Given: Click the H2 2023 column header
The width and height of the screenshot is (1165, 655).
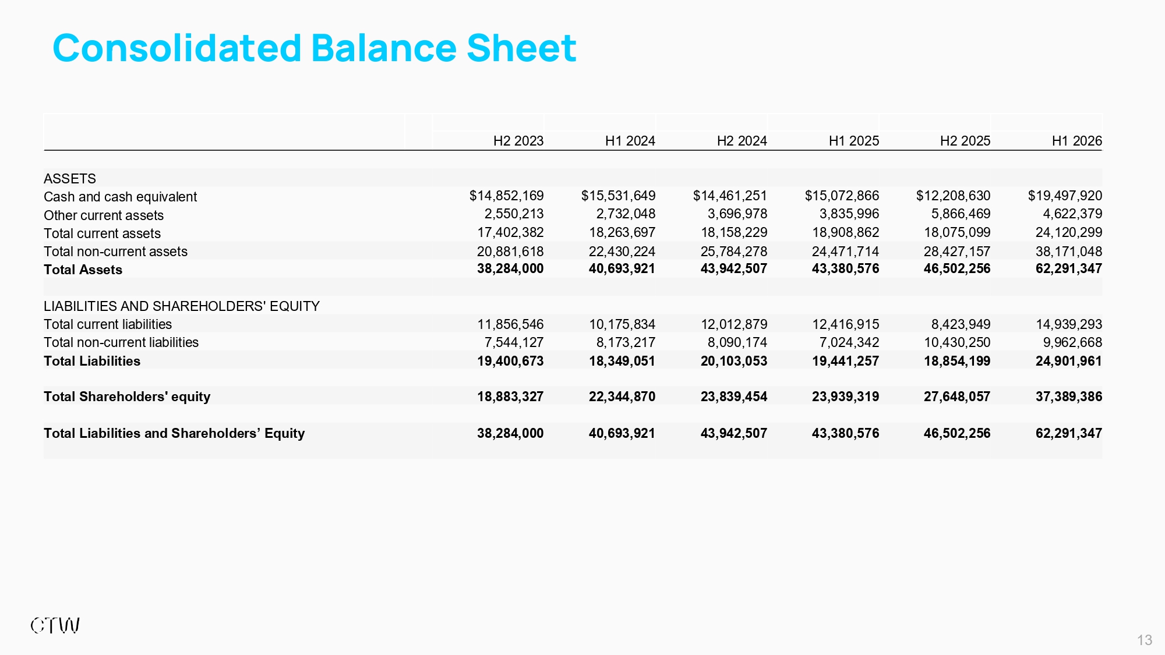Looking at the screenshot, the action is tap(518, 141).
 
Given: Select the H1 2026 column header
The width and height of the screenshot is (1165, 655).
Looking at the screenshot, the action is tap(1077, 141).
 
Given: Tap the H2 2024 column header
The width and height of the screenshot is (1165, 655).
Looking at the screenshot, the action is tap(742, 141).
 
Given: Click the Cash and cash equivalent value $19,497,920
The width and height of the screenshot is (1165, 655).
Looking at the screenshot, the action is tap(1065, 196).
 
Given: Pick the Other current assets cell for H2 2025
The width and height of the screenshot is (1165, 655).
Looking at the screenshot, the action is tap(961, 214).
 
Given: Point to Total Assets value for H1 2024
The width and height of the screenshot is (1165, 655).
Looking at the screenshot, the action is tap(622, 268).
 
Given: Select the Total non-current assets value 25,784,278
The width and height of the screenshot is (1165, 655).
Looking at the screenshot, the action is tap(734, 252).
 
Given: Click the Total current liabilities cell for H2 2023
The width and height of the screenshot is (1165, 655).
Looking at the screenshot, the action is tap(510, 324).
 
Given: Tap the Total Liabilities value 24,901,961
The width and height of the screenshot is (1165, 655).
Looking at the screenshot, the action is tap(1069, 361).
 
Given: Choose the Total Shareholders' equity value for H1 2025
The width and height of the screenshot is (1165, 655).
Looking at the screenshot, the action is tap(846, 396).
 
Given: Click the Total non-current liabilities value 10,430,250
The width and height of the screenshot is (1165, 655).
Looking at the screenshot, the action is tap(957, 342).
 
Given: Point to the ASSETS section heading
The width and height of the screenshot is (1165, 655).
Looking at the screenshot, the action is tap(70, 179).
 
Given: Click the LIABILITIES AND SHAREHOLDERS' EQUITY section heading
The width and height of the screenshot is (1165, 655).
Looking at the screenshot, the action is tap(182, 306).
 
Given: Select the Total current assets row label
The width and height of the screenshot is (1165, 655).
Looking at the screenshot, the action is tap(102, 233).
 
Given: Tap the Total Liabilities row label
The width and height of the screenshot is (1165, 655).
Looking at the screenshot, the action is tap(92, 361).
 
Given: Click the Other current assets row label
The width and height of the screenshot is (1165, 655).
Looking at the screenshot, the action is tap(104, 215).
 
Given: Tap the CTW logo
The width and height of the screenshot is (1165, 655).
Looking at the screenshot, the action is tap(55, 626).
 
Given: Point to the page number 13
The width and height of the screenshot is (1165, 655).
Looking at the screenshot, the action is tap(1145, 640).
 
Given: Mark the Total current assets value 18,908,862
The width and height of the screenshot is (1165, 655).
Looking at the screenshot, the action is tap(846, 232).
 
